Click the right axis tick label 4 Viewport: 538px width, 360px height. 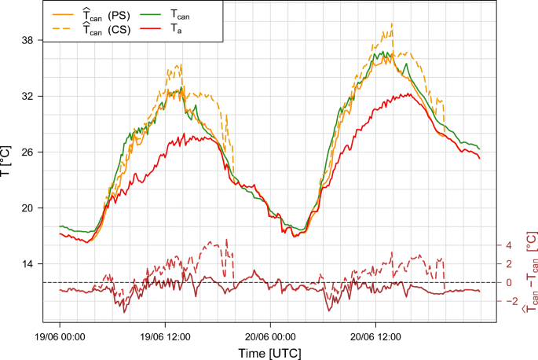click(x=508, y=245)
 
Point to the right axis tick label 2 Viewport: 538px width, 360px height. click(x=508, y=264)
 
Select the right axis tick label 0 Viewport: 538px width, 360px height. click(x=508, y=283)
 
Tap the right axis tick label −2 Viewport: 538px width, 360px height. click(x=507, y=301)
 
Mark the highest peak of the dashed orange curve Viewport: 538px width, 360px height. click(x=391, y=24)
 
